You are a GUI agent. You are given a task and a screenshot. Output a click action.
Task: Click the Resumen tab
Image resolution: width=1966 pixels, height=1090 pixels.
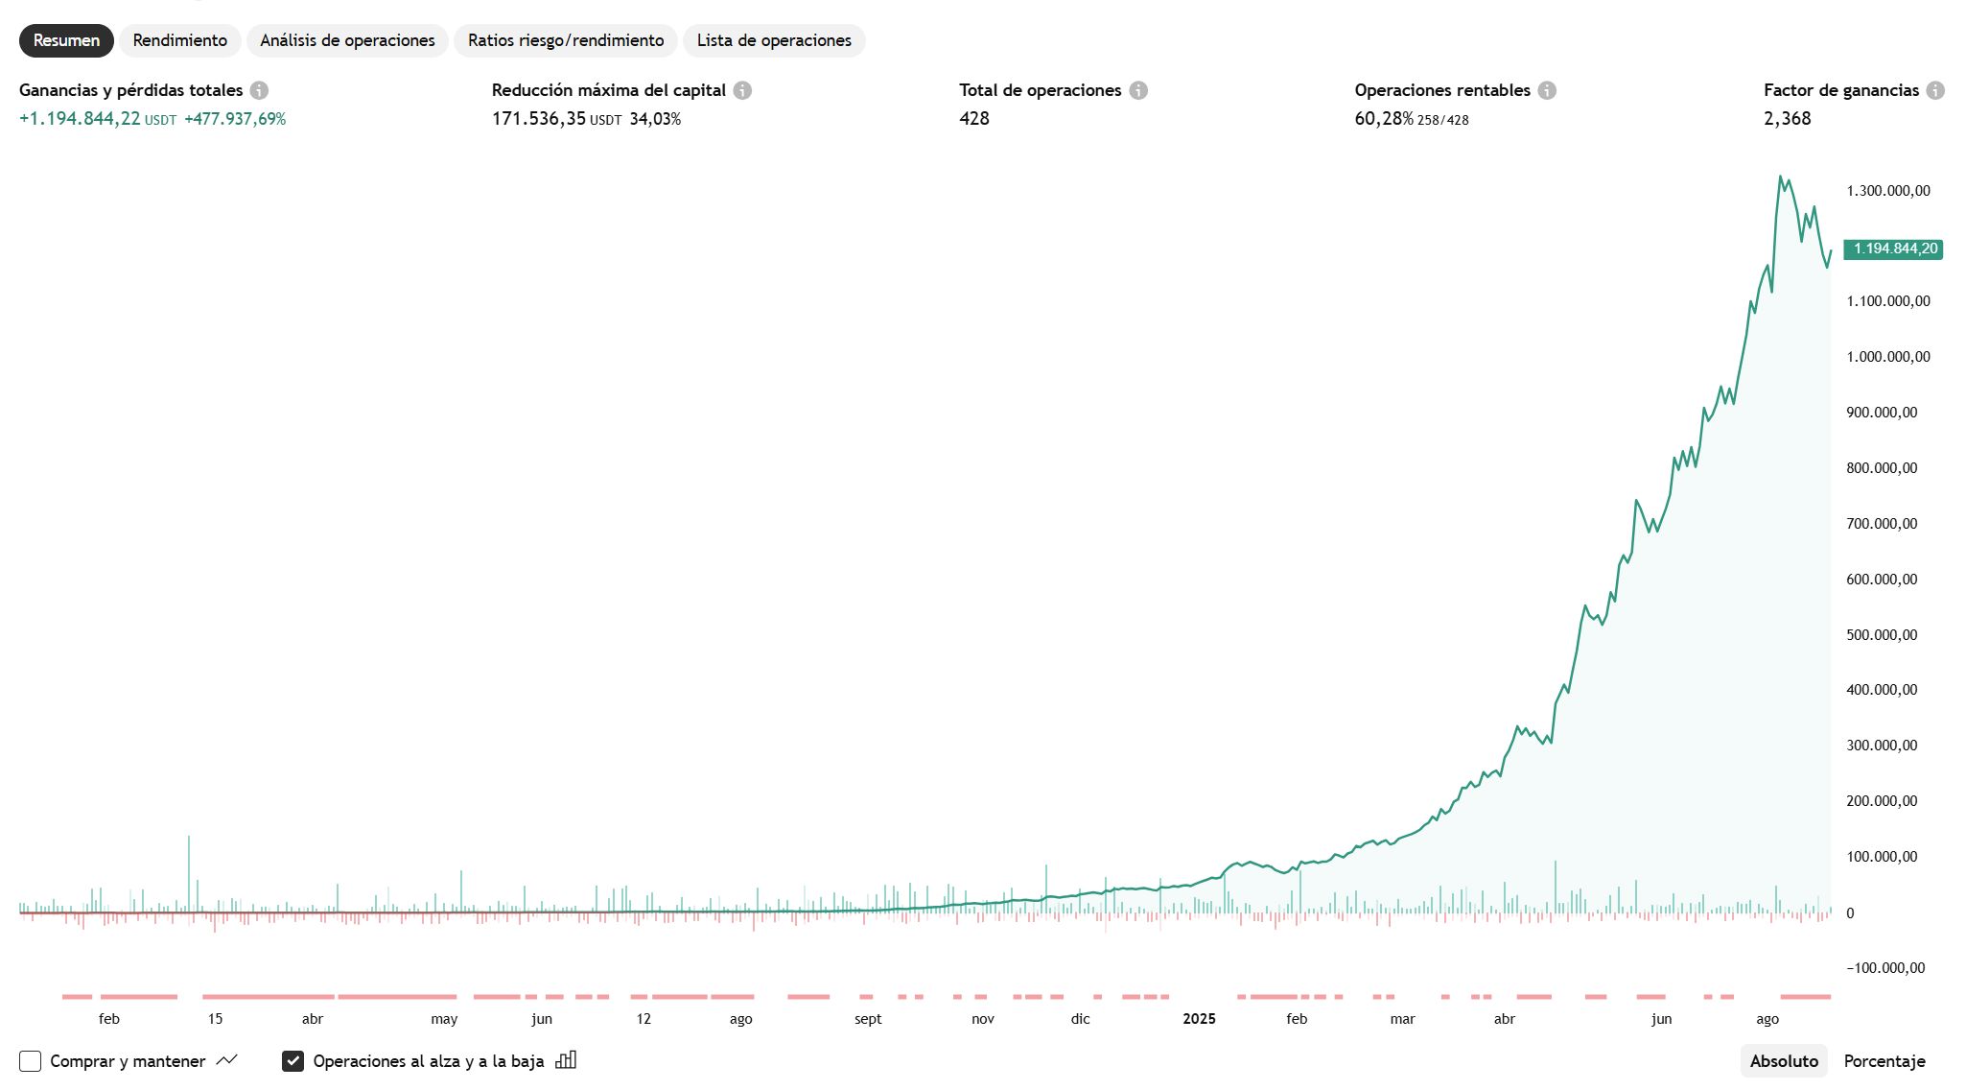click(66, 40)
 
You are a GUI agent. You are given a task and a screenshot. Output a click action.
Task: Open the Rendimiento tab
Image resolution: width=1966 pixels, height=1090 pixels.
click(179, 40)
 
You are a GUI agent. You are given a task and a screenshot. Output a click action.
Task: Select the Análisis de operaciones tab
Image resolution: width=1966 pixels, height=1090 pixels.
click(347, 40)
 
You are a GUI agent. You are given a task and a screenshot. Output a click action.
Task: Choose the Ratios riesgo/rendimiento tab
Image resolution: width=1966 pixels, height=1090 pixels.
click(566, 40)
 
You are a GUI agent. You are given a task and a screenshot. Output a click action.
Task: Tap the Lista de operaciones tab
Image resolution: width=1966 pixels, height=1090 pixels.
click(774, 40)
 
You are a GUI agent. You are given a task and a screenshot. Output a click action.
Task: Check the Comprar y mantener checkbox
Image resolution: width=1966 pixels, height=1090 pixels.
click(31, 1060)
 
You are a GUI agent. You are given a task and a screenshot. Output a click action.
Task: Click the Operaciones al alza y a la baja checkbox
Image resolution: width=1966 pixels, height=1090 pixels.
click(293, 1060)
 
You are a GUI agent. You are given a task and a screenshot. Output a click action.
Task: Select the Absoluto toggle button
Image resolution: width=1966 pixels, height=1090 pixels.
click(1784, 1060)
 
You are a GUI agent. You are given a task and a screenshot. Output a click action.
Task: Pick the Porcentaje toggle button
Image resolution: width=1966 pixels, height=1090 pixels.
click(1884, 1060)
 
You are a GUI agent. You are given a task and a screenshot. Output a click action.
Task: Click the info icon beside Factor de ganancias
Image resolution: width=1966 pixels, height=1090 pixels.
click(1935, 90)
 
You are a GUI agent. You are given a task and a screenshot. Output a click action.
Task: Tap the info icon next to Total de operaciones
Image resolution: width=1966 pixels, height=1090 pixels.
click(1138, 90)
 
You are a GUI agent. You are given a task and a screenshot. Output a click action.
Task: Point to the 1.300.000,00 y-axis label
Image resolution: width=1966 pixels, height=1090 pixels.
click(1888, 191)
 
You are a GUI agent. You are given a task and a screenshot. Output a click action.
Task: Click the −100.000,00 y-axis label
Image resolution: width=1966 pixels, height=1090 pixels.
click(1885, 968)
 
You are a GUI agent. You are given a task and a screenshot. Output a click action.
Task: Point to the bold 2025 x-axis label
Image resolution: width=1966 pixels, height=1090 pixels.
click(1199, 1019)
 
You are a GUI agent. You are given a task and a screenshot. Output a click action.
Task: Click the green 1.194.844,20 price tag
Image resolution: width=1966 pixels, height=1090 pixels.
click(1894, 249)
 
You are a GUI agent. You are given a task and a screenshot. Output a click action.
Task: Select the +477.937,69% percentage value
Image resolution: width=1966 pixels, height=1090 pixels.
click(235, 119)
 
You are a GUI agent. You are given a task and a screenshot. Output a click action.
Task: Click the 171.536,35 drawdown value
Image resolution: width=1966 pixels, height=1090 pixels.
click(538, 119)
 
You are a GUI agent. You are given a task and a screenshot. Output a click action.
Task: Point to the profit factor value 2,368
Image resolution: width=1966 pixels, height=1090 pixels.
click(1787, 119)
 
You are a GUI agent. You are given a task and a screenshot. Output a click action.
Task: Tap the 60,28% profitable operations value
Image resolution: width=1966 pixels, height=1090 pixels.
click(1383, 119)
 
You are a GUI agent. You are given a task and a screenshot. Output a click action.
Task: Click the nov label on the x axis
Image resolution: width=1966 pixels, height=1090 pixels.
click(983, 1019)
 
